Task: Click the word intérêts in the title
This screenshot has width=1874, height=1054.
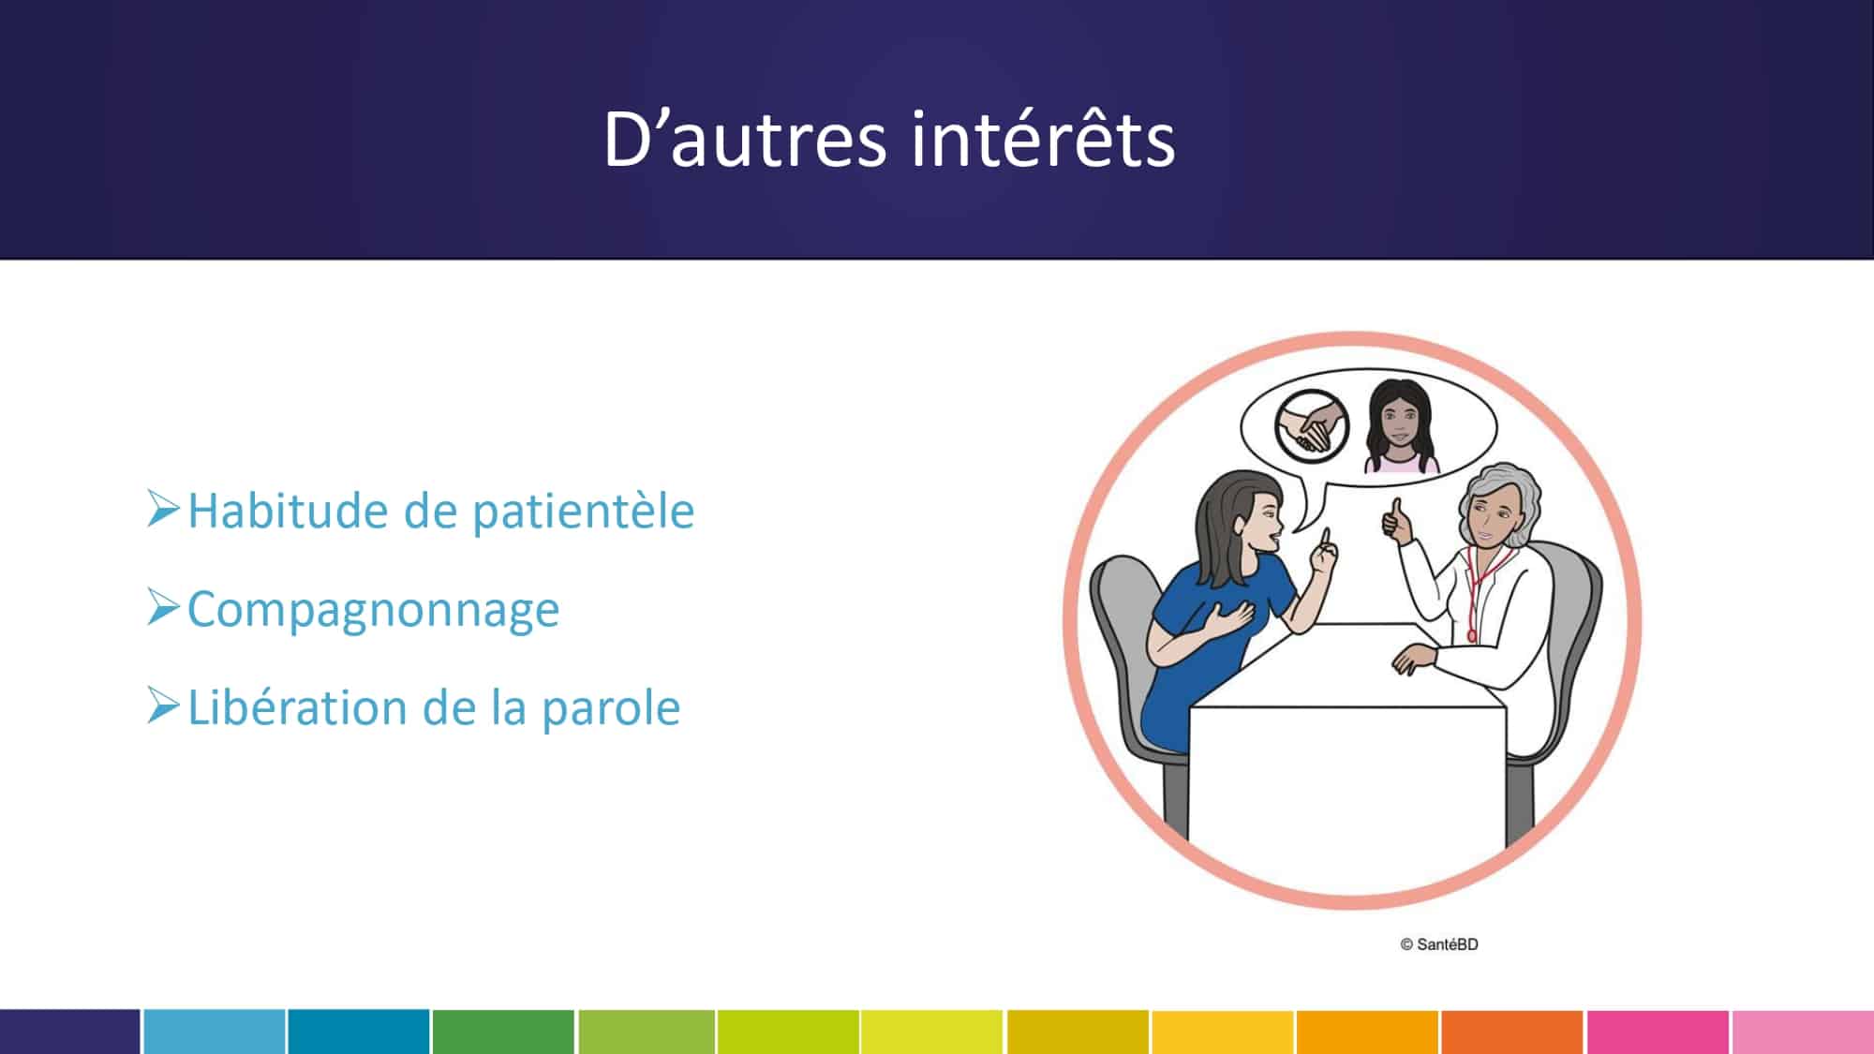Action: (1042, 140)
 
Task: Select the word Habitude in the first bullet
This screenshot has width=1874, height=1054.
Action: (288, 512)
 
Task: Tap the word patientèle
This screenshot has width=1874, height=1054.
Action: (583, 512)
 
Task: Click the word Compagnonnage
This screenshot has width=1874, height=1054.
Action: (374, 611)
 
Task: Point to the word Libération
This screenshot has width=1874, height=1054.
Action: (297, 707)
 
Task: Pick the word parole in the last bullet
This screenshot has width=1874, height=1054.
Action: (611, 709)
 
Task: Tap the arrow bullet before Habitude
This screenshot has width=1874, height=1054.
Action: (163, 509)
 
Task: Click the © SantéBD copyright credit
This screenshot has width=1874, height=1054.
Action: (1439, 944)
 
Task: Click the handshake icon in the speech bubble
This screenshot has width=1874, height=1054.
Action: (1312, 427)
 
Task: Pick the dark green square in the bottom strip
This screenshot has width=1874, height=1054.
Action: (503, 1032)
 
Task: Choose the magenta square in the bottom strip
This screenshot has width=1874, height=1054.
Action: (1658, 1032)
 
